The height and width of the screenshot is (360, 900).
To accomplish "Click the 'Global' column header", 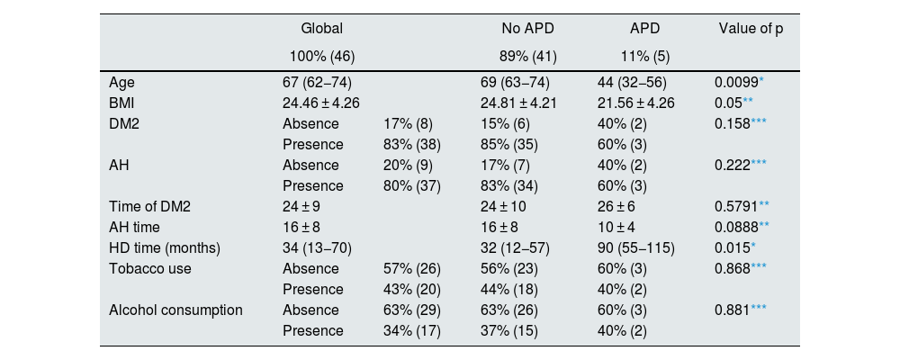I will point(321,30).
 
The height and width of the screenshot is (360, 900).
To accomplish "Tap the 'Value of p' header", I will point(751,30).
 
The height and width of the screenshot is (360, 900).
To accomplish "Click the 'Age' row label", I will point(121,82).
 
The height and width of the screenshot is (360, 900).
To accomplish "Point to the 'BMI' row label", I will point(122,103).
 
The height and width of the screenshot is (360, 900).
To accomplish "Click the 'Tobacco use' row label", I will point(148,268).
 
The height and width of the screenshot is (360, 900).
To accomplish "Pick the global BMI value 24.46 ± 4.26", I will point(321,103).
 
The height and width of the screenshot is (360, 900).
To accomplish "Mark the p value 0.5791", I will point(734,206).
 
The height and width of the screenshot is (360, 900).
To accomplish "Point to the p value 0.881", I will point(731,310).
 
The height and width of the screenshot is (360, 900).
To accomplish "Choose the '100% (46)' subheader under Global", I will point(319,56).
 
